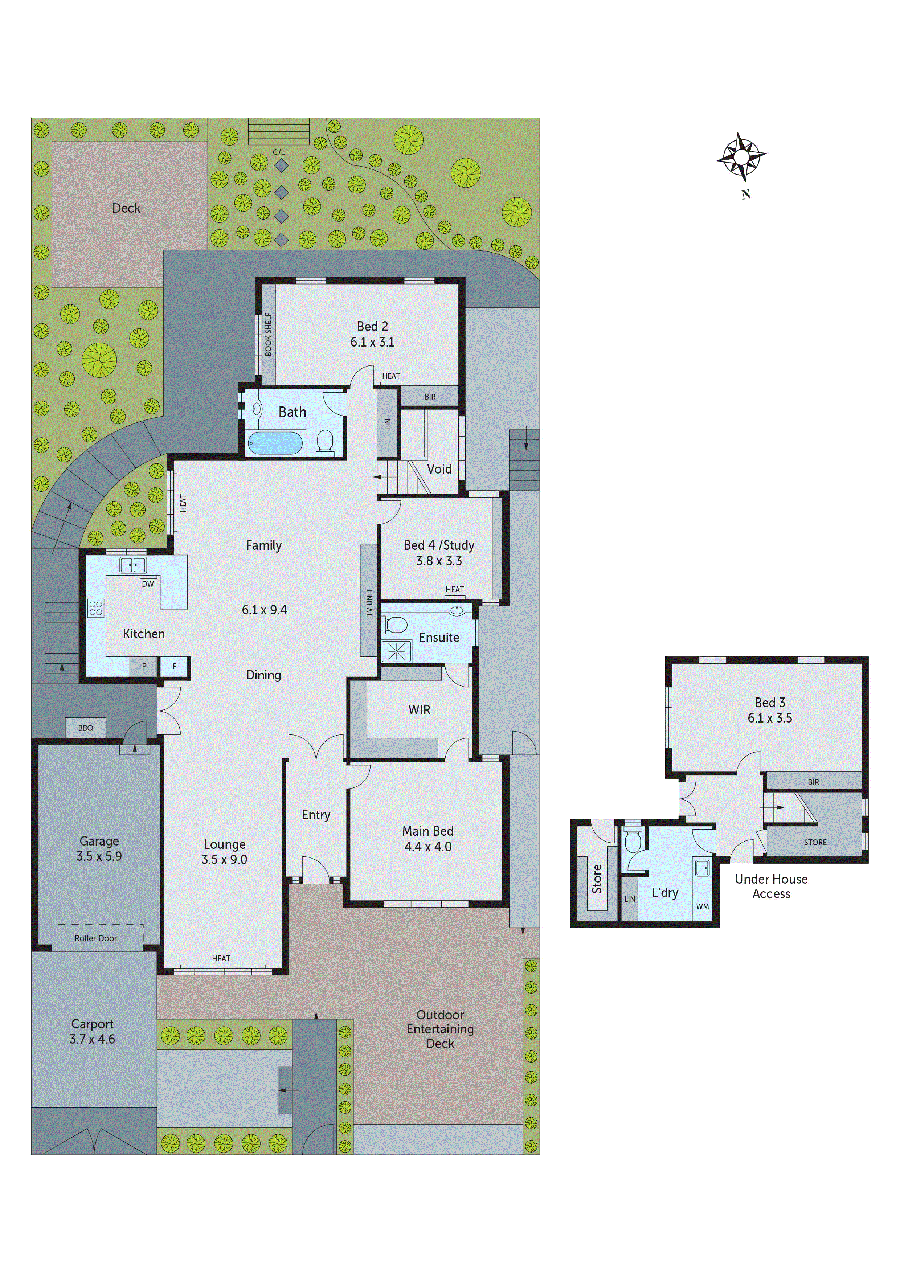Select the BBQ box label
[85, 728]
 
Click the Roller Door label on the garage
[95, 938]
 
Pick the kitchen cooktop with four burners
[95, 608]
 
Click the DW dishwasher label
[147, 584]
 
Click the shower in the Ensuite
[397, 651]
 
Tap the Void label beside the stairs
[439, 469]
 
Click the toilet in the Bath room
[324, 442]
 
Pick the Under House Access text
[771, 886]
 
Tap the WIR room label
[419, 710]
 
